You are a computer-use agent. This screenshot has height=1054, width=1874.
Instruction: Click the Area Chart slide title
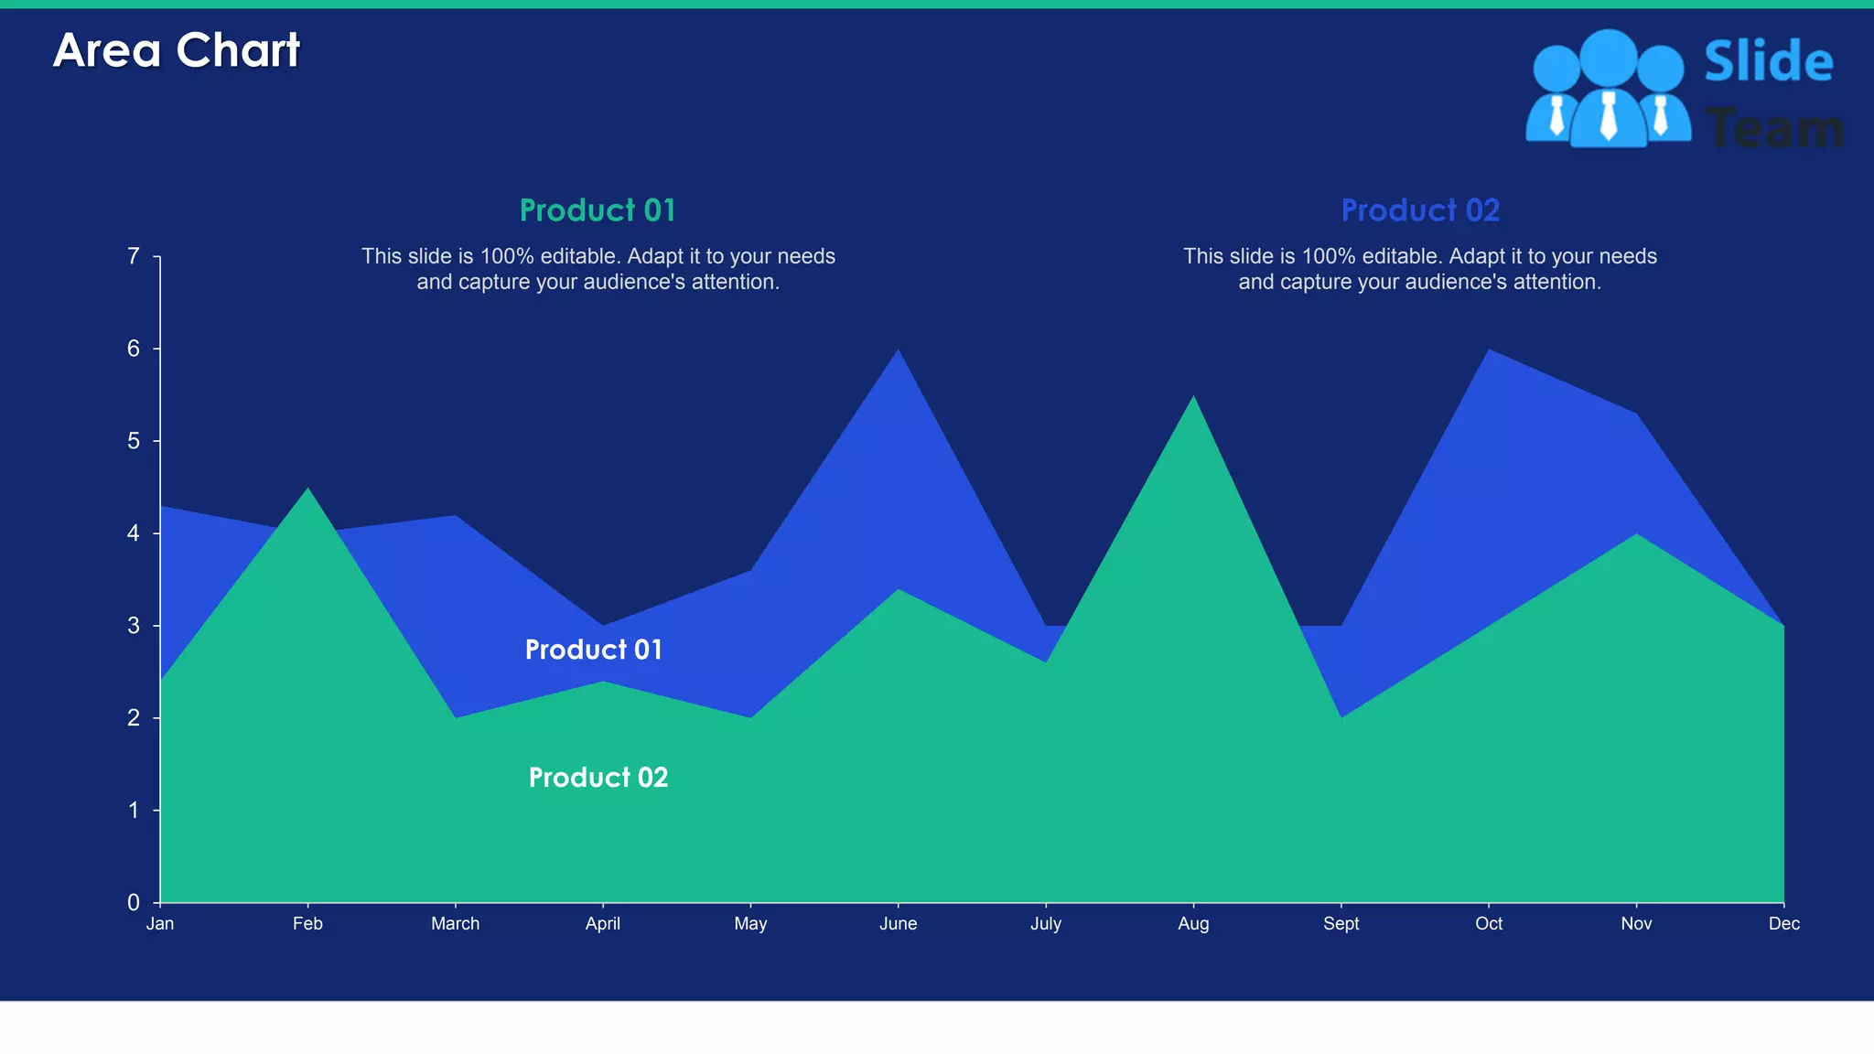(x=177, y=50)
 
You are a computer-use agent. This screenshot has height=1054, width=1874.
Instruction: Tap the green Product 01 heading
(x=598, y=210)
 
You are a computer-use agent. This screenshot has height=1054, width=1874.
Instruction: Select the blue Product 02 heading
(x=1420, y=210)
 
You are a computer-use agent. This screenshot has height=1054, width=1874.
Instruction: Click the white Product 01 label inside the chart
(x=594, y=650)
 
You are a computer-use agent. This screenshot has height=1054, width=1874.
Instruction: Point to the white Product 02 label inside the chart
(x=598, y=778)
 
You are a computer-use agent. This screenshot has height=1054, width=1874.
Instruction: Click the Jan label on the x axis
(x=160, y=923)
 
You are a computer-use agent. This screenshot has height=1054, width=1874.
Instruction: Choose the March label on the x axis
(x=455, y=923)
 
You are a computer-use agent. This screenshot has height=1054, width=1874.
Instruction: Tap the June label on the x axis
(x=898, y=923)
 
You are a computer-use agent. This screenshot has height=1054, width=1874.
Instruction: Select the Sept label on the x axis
(x=1341, y=923)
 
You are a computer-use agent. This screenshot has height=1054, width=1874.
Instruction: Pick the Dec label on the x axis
(x=1783, y=923)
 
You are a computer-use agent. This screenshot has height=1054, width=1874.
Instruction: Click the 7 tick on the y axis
(x=134, y=256)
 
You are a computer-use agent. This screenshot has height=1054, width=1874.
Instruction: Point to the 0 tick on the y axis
(x=134, y=903)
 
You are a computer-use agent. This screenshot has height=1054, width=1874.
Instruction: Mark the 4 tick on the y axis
(x=134, y=533)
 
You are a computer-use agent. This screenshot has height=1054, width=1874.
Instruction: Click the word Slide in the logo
(x=1768, y=61)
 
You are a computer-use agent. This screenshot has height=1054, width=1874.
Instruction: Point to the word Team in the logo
(x=1775, y=128)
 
